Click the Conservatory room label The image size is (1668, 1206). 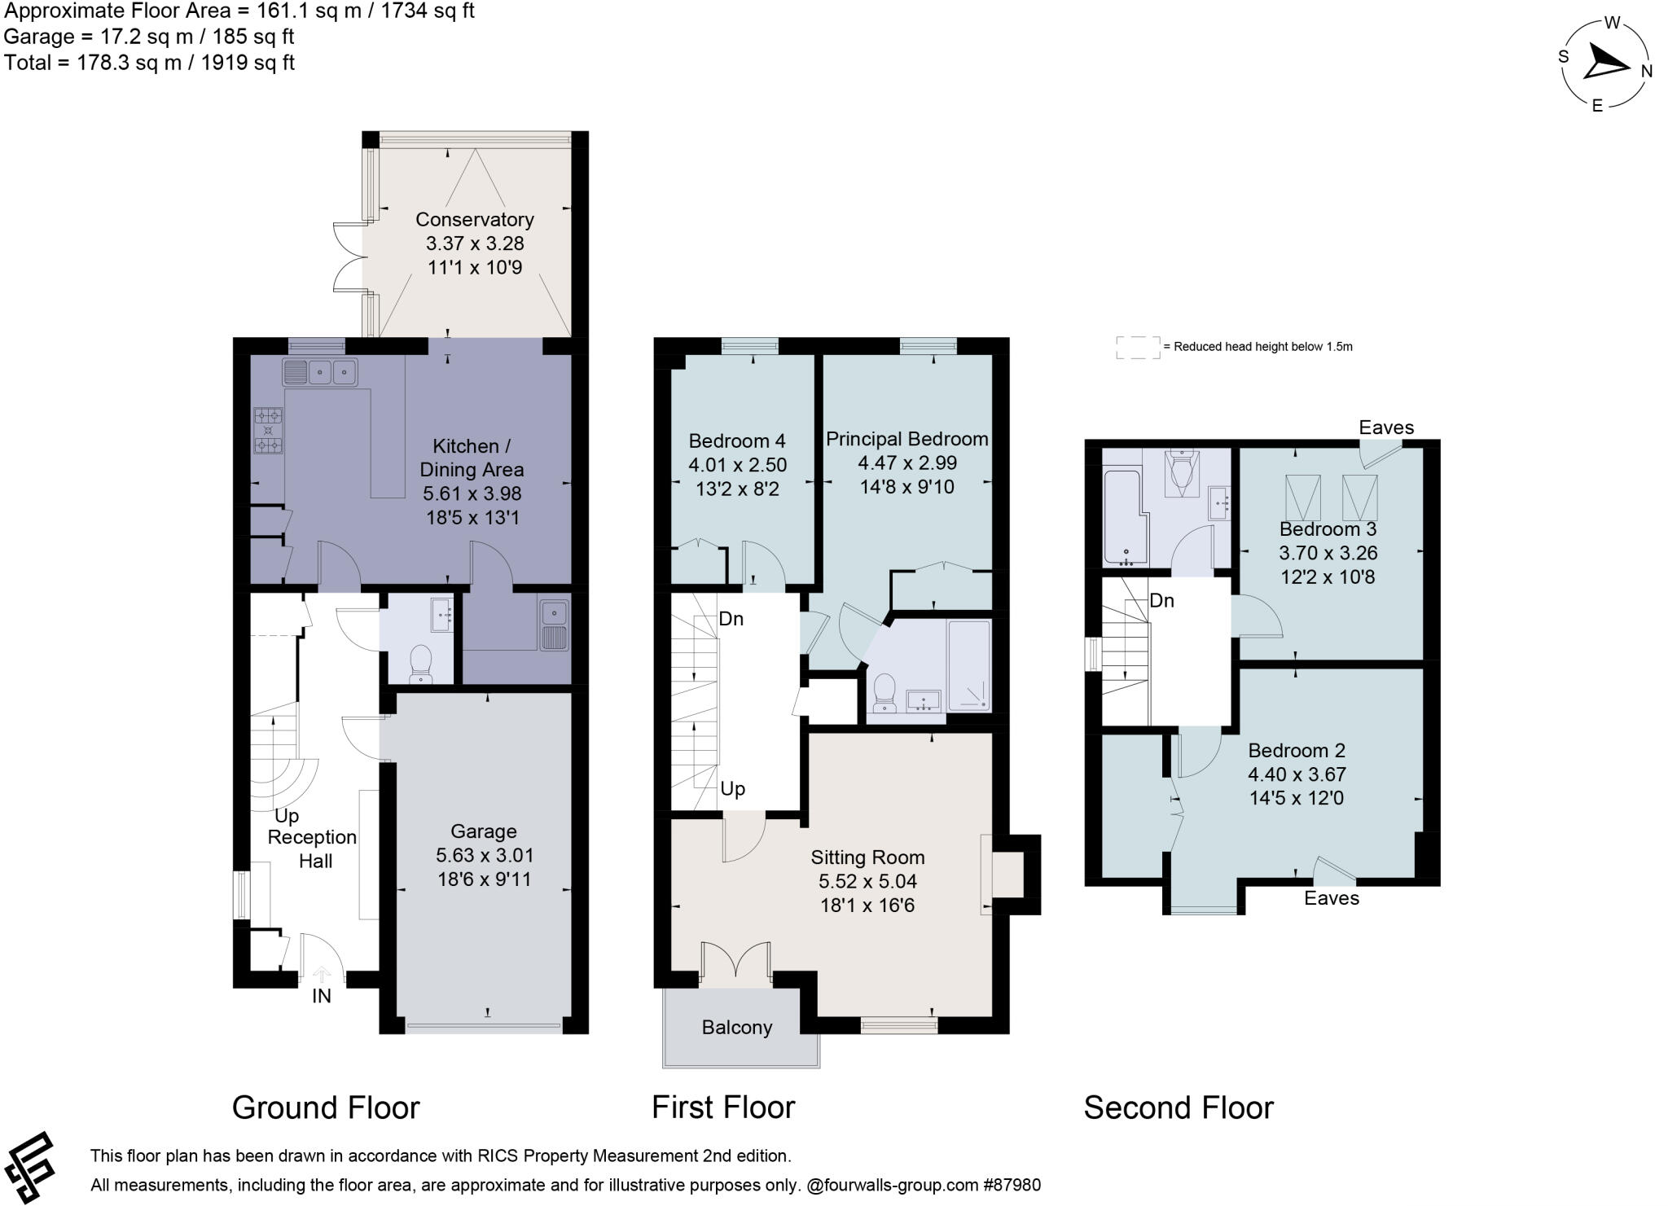[x=474, y=220]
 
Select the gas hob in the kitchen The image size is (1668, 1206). [x=268, y=430]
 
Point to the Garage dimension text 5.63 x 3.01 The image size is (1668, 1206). [x=484, y=855]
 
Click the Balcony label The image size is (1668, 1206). [x=736, y=1028]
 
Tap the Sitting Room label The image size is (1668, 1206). [x=867, y=857]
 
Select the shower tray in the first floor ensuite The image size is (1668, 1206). [x=969, y=665]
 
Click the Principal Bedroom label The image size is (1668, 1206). [x=906, y=439]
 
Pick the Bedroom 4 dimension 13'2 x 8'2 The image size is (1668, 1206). [x=736, y=489]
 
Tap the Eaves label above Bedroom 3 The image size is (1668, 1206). [x=1385, y=428]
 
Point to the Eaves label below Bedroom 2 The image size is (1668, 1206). [x=1331, y=898]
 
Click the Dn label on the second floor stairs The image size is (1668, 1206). [x=1161, y=601]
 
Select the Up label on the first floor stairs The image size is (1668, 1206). [x=732, y=789]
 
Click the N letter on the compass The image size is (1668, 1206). [x=1646, y=72]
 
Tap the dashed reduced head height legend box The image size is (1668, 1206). [x=1137, y=347]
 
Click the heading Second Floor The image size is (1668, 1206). [x=1178, y=1108]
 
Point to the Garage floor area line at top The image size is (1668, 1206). [x=148, y=37]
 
